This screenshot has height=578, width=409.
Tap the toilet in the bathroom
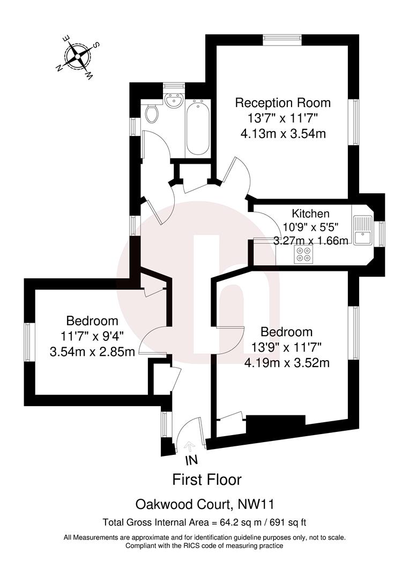(152, 113)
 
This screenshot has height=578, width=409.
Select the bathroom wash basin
(173, 100)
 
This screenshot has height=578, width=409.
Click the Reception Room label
(283, 103)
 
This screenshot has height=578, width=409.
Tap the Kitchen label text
(311, 214)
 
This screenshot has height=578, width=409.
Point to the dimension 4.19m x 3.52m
(286, 363)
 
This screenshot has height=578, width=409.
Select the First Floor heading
(206, 479)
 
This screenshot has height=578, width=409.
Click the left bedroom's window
(29, 342)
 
